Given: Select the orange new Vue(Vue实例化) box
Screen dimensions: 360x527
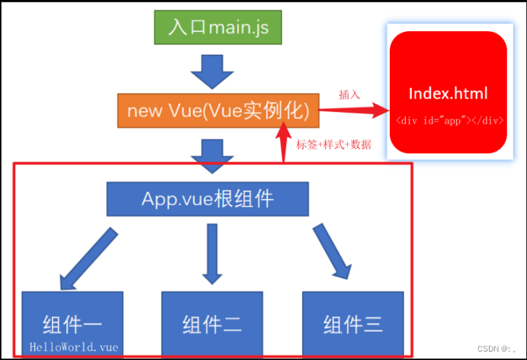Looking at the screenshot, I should (x=218, y=111).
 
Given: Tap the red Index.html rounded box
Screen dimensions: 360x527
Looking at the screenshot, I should (x=448, y=90).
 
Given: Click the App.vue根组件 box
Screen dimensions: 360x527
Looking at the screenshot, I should (x=207, y=198).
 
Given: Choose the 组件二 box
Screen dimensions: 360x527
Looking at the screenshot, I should (x=212, y=323).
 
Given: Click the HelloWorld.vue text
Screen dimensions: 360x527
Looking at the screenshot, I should (x=74, y=346).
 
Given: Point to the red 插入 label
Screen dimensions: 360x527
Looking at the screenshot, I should (x=349, y=95).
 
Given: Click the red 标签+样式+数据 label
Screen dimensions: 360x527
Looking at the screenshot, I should (x=333, y=144).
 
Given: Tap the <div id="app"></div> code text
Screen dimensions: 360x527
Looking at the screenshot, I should (x=448, y=121).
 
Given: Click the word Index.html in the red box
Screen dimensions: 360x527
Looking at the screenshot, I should (x=448, y=94).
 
